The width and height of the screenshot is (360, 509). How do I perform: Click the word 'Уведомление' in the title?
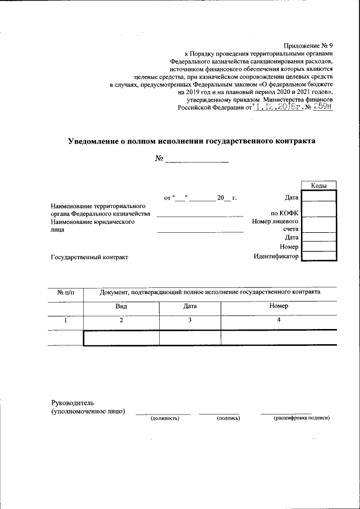(97, 141)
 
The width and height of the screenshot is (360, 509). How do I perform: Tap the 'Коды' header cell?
(319, 186)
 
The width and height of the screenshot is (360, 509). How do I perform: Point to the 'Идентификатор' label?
(276, 257)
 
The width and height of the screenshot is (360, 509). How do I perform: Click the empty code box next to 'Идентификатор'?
(319, 256)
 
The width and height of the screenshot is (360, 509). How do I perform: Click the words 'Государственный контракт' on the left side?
(89, 257)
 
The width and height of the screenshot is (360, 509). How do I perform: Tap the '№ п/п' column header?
(65, 292)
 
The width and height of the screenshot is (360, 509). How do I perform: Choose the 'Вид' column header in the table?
(121, 307)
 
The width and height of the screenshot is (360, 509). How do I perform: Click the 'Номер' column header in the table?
(278, 307)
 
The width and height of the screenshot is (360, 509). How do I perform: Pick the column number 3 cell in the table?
(190, 321)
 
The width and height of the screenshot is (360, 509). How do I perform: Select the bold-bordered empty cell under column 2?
(121, 337)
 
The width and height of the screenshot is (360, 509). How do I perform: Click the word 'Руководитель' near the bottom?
(69, 403)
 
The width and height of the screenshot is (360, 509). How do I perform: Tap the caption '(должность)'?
(164, 418)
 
